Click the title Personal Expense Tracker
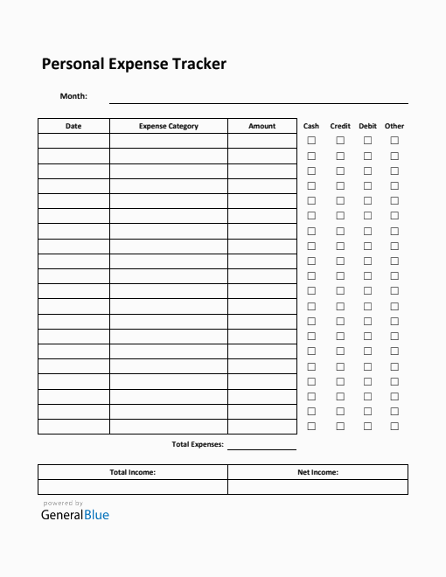coord(134,64)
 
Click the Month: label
coord(73,96)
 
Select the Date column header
coord(73,126)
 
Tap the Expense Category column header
coord(169,126)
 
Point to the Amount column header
coord(262,126)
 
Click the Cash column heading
coord(311,126)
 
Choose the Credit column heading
coord(340,126)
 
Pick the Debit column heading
coord(367,126)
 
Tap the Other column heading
coord(394,126)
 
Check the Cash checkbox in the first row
coord(311,141)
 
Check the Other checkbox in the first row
coord(394,141)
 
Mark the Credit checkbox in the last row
coord(340,426)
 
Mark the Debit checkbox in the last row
coord(367,426)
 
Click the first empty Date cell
coord(73,141)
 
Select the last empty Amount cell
coord(262,427)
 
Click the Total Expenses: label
coord(198,444)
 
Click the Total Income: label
coord(133,472)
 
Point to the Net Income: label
coord(317,472)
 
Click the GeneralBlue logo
coord(75,515)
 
